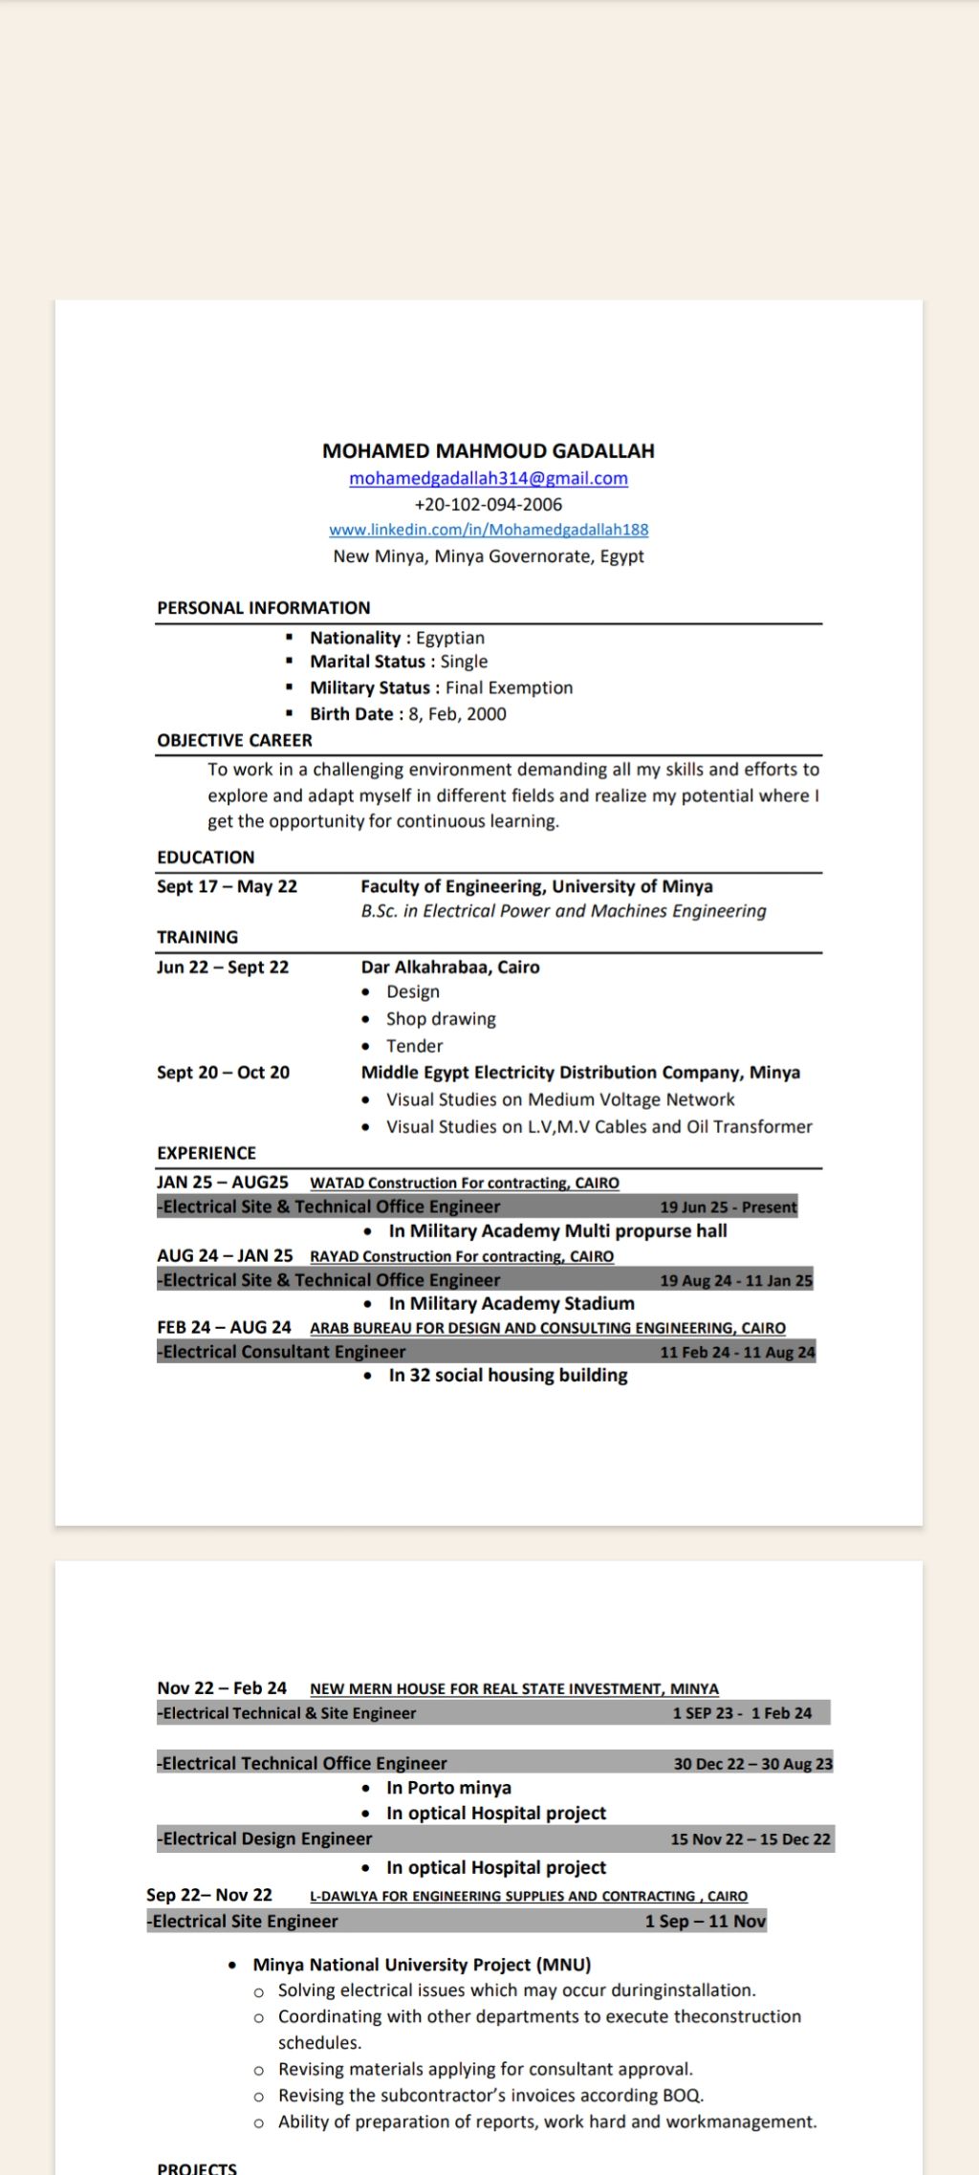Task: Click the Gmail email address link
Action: point(489,478)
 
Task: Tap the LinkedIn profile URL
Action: point(489,530)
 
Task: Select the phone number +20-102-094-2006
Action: point(489,505)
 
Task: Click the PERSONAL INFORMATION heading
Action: point(264,608)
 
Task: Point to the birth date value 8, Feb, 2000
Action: point(458,714)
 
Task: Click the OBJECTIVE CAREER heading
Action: point(235,741)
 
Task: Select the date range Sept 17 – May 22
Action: point(228,887)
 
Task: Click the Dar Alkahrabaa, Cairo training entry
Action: point(450,968)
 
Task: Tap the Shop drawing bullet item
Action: point(441,1019)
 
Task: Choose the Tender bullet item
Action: point(415,1046)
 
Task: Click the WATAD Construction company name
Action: point(465,1184)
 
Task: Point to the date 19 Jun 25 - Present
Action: point(728,1207)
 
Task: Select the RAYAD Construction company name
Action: point(462,1256)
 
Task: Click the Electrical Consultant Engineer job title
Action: point(284,1352)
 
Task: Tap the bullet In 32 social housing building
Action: point(508,1376)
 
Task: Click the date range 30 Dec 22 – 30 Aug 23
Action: point(752,1764)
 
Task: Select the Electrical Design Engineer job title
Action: point(267,1838)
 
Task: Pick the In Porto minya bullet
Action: point(448,1788)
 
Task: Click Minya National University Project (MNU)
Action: point(422,1965)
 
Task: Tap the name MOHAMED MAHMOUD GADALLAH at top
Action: point(489,451)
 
